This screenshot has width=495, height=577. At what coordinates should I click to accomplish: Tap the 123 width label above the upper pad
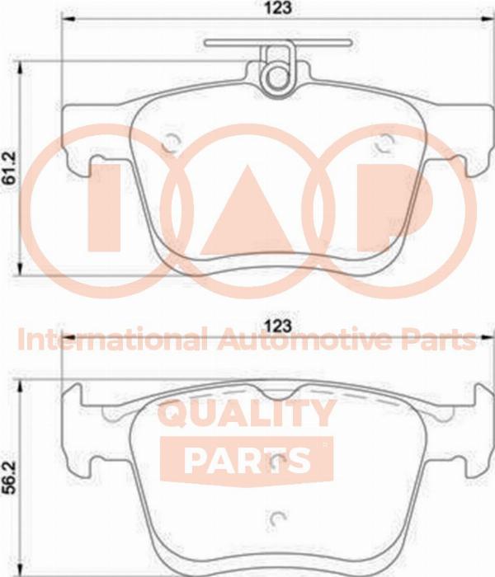click(279, 7)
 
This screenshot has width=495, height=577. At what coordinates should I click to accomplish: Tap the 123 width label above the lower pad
click(279, 326)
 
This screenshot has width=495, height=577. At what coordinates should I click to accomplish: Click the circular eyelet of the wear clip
click(277, 78)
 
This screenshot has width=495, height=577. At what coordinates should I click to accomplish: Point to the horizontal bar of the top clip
click(278, 42)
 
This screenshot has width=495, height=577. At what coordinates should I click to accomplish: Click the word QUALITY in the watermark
click(247, 414)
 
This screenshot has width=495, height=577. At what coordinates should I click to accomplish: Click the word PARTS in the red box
click(247, 460)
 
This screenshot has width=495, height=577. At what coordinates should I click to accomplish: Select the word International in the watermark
click(113, 340)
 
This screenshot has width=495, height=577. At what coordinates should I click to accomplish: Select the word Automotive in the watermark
click(303, 340)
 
